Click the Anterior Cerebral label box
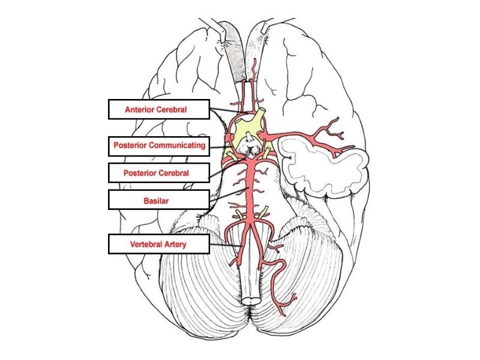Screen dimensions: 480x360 click(159, 109)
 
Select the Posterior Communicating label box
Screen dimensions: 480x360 click(159, 146)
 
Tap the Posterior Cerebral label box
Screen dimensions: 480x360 click(159, 173)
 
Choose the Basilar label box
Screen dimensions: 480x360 click(159, 200)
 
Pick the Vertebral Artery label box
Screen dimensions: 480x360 click(159, 244)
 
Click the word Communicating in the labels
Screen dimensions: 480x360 click(178, 145)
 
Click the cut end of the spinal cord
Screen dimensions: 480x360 click(251, 300)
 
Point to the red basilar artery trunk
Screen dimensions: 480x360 click(251, 190)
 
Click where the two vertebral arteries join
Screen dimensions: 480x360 click(251, 223)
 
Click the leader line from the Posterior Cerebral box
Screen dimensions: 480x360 click(227, 169)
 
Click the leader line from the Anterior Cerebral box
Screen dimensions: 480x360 click(229, 111)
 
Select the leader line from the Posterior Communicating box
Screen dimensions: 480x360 click(220, 148)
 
